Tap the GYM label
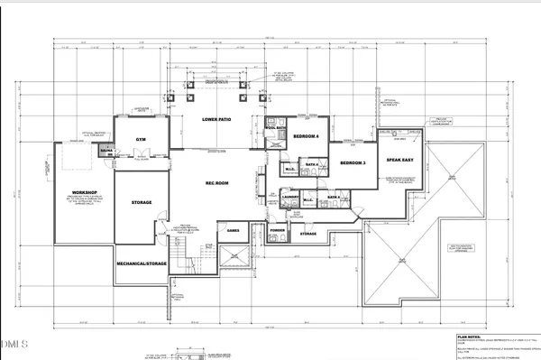click(x=142, y=141)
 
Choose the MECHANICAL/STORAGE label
click(x=140, y=263)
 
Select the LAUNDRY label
click(x=290, y=196)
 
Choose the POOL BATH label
click(x=275, y=128)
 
